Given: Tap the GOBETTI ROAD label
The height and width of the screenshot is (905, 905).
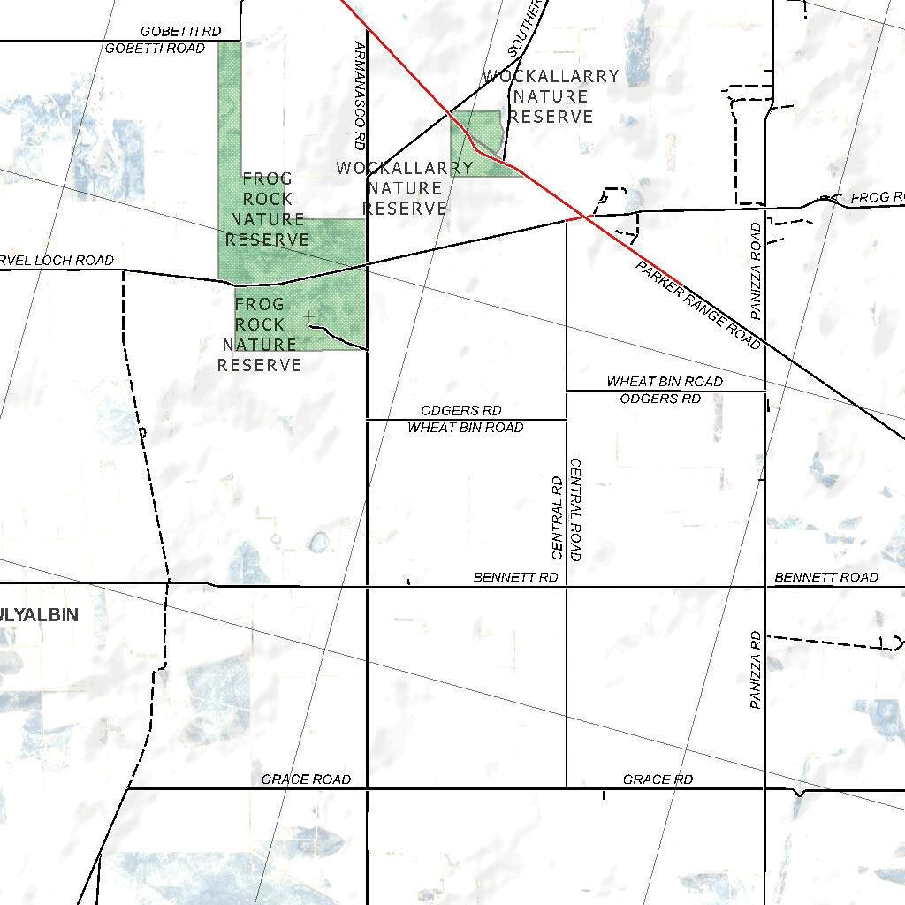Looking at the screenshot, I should tap(155, 49).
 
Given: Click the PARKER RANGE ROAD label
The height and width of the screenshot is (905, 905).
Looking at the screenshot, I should tap(698, 305).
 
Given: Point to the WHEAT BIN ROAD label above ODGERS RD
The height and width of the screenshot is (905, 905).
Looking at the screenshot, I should tap(665, 382).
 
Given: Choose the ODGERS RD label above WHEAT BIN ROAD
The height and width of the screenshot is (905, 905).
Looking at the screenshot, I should tap(460, 411).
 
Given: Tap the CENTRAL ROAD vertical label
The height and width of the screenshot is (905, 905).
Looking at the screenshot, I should tap(576, 510).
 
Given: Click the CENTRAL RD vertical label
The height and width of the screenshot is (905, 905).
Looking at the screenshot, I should tap(557, 519).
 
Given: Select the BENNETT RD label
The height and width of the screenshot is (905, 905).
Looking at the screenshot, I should tap(515, 578).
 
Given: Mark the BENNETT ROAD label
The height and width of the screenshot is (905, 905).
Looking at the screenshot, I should tap(826, 578).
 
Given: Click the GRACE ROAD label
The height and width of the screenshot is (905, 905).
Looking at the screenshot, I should tap(306, 780).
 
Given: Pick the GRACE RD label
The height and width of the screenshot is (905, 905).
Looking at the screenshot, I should tap(658, 780).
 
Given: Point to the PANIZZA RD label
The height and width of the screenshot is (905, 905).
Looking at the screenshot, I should tap(756, 670).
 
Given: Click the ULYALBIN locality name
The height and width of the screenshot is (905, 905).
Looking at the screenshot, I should tap(40, 615).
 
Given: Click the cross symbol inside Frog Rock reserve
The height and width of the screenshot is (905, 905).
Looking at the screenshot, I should tap(308, 316).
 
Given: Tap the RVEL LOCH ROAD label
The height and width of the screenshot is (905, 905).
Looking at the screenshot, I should tap(57, 261).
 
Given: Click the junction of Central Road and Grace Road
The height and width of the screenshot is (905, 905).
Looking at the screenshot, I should tap(567, 787).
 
